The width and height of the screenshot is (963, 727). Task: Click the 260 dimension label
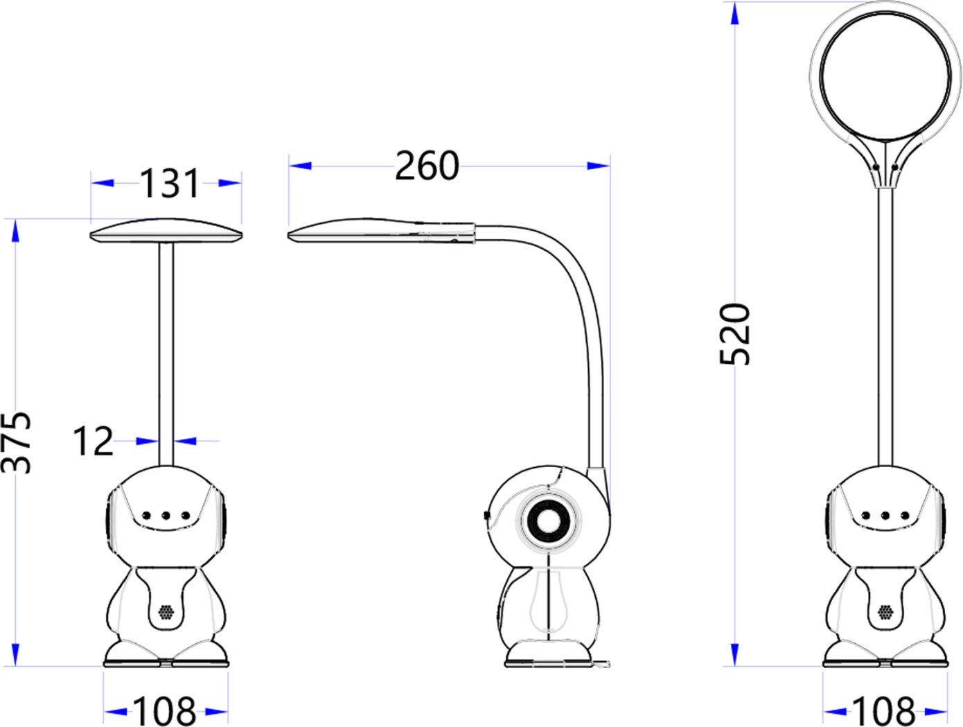(x=427, y=166)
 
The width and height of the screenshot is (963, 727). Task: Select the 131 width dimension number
(x=170, y=184)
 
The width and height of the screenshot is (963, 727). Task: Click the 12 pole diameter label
(x=93, y=441)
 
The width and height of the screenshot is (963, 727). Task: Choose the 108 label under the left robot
(x=164, y=711)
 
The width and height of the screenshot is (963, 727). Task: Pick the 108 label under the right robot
(x=883, y=711)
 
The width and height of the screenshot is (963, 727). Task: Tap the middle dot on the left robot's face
(x=166, y=515)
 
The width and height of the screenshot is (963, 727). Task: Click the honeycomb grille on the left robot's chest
(x=166, y=612)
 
